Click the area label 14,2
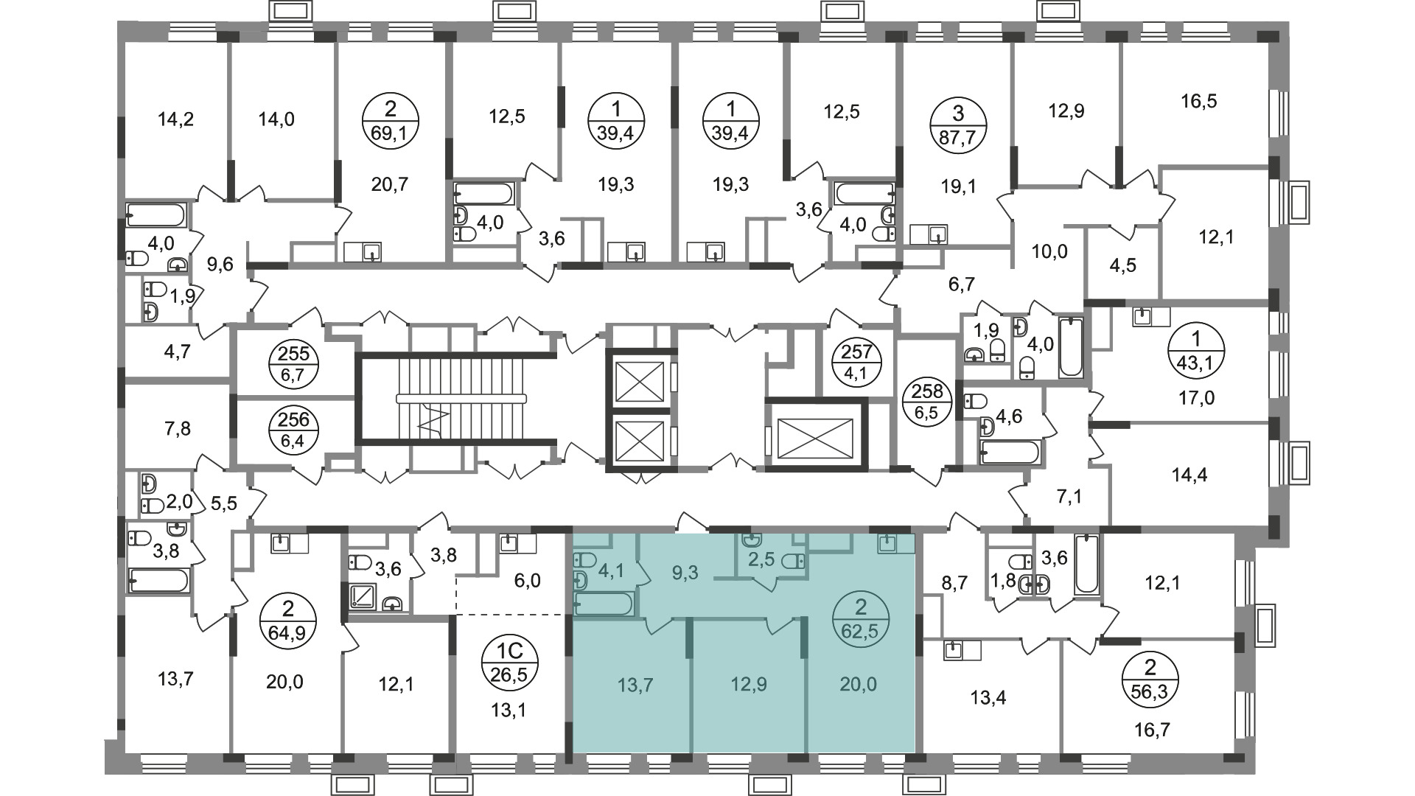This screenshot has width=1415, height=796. tap(176, 119)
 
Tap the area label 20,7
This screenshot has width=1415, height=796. tap(390, 184)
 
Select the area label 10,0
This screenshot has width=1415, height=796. tap(1049, 252)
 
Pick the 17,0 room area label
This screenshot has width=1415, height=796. tap(1196, 399)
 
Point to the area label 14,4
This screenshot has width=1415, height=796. tap(1189, 475)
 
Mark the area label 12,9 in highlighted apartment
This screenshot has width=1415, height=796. tap(749, 685)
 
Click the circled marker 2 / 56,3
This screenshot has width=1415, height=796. tap(1150, 680)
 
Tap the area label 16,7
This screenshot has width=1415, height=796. tap(1152, 730)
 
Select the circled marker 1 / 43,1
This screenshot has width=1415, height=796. tap(1196, 349)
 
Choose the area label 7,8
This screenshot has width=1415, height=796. tap(175, 429)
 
